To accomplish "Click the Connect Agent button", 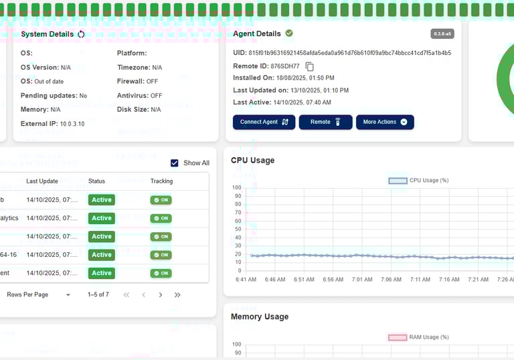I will click(264, 122).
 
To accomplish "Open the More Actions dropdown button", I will click(385, 122).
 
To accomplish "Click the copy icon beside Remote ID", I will click(309, 66).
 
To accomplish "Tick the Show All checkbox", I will click(175, 163).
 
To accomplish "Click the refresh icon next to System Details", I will click(82, 34).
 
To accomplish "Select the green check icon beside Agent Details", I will click(289, 33).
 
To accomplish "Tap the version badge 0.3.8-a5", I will click(442, 33).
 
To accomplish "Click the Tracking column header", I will click(161, 181).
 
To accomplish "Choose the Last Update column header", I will click(42, 181).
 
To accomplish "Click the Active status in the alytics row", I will click(102, 218).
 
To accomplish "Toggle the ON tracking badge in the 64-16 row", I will click(161, 255).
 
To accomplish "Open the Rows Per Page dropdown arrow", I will click(68, 295).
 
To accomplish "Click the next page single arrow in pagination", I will click(161, 295).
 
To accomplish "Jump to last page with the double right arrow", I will click(177, 295).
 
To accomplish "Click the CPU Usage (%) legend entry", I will click(418, 181).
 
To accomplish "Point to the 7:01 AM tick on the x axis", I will click(362, 279).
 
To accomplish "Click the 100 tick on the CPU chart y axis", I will click(236, 187).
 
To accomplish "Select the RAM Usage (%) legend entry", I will click(418, 337).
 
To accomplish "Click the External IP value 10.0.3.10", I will click(72, 124).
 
